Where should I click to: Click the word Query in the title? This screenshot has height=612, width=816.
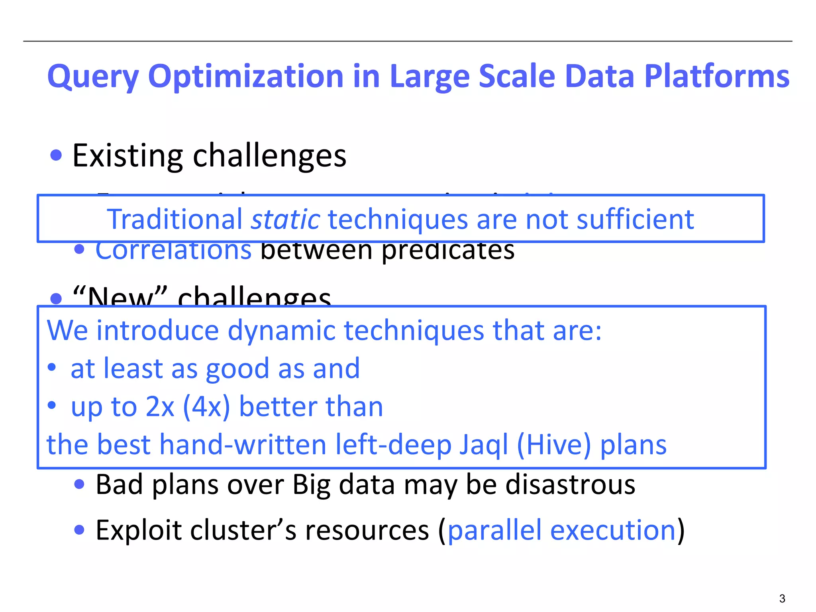pyautogui.click(x=93, y=76)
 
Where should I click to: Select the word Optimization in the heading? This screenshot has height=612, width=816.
pyautogui.click(x=245, y=76)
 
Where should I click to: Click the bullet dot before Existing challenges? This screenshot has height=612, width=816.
pyautogui.click(x=56, y=155)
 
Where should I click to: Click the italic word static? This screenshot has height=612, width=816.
pyautogui.click(x=285, y=219)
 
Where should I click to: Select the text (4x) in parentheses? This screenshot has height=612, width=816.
pyautogui.click(x=206, y=407)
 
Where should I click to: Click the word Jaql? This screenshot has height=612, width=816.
pyautogui.click(x=484, y=445)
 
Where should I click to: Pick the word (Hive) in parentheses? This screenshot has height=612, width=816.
pyautogui.click(x=554, y=445)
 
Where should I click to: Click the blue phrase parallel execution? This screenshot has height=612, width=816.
pyautogui.click(x=562, y=530)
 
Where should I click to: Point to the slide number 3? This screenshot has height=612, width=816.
pyautogui.click(x=782, y=598)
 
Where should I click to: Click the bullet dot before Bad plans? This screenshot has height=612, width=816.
pyautogui.click(x=79, y=484)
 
